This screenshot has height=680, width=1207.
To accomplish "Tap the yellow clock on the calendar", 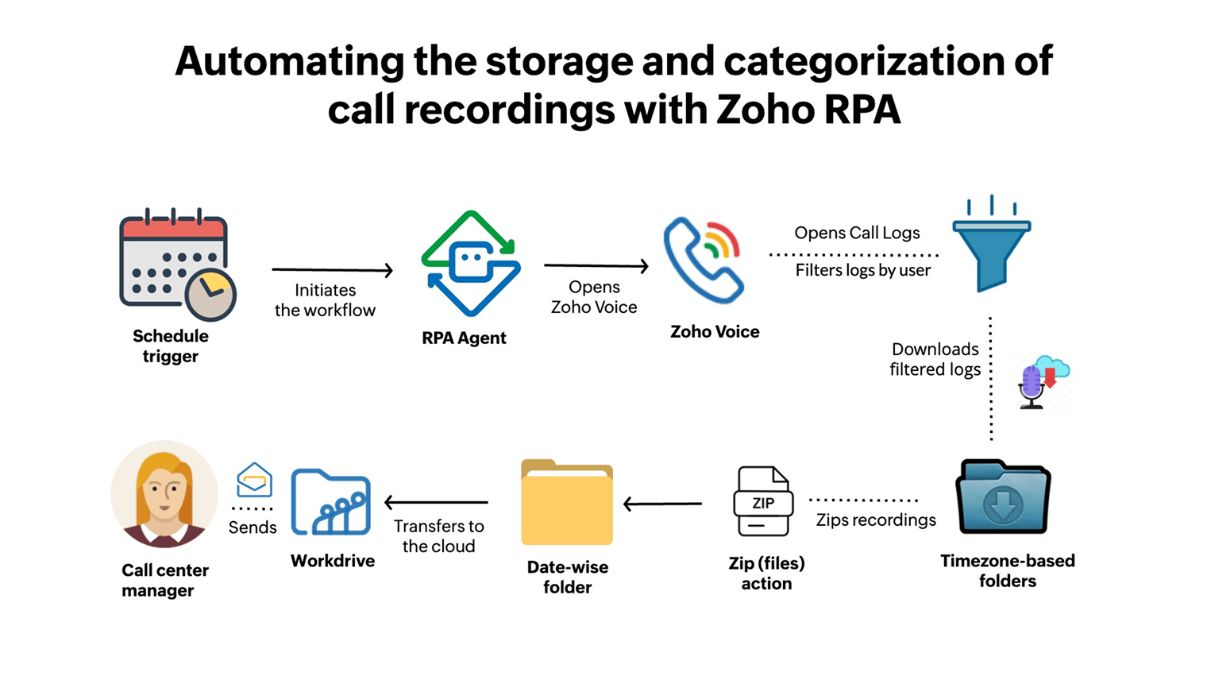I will pos(210,295).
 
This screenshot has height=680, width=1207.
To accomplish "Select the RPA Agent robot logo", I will pos(471,263).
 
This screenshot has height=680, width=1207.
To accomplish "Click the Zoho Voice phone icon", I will pos(704,260).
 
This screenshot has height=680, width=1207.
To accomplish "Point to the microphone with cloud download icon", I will pos(1043,383).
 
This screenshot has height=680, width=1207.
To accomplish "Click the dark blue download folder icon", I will pos(1004,497).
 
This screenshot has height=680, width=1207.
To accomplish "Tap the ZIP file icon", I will pos(763,502).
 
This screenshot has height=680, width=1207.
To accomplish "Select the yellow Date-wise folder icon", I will pos(567,502).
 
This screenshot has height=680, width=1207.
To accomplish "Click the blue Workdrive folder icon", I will pos(331,502).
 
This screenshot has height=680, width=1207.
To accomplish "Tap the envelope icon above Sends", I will pos(254,480).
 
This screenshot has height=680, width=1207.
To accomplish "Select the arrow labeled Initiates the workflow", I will pos(332,271).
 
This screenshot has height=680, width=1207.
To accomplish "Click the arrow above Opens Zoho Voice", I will pos(596,266).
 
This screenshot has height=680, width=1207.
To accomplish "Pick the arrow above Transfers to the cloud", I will pos(436,502).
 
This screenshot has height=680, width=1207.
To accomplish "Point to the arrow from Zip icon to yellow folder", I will pos(662,504).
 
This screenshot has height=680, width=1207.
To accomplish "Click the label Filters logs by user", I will pos(862,271).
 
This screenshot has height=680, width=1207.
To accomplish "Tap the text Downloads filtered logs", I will pos(935,359).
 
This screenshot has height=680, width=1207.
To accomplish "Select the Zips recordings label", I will pos(876,520).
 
